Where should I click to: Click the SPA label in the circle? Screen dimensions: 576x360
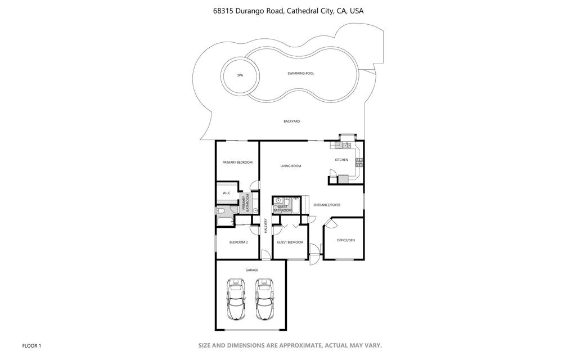(240, 76)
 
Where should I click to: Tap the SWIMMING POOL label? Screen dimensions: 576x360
(301, 74)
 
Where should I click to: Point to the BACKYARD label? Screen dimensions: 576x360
(292, 121)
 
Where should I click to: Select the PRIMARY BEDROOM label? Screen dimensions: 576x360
(237, 163)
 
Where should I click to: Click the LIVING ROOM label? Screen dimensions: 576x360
(291, 166)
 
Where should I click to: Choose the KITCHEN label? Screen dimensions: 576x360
(341, 160)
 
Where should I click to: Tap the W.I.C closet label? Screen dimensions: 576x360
(226, 193)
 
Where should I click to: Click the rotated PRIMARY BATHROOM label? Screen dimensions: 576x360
(245, 202)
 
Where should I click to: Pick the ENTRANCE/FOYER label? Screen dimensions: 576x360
(327, 205)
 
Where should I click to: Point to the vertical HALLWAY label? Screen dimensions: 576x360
(265, 226)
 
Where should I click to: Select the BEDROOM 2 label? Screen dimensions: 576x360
(238, 242)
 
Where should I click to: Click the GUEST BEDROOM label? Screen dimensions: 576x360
(290, 242)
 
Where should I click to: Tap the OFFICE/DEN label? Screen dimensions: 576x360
(346, 241)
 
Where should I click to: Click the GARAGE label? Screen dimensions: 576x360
(251, 271)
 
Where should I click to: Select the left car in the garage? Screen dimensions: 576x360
(236, 299)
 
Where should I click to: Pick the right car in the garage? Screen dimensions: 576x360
(264, 299)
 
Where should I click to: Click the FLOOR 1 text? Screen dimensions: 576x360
(31, 346)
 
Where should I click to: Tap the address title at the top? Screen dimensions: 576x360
(289, 11)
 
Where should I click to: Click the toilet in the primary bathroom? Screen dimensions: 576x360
(220, 211)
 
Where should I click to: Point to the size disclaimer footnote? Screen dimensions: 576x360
(290, 345)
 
